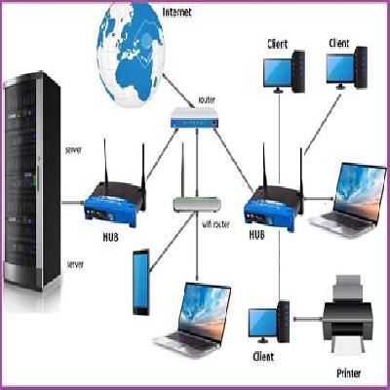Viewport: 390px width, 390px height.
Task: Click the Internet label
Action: click(x=176, y=13)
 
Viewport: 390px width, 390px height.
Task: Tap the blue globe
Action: click(x=131, y=55)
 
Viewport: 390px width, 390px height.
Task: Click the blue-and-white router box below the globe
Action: click(x=195, y=118)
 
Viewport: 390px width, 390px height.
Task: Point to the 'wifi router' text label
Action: click(x=215, y=224)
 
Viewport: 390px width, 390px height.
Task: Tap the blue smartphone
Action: click(x=141, y=282)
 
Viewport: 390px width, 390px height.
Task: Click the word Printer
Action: click(x=349, y=373)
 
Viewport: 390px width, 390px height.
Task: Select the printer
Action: click(x=347, y=313)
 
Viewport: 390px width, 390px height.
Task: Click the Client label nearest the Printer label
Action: click(x=263, y=357)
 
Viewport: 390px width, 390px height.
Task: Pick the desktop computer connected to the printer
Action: click(x=269, y=322)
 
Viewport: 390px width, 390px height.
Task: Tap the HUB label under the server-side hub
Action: click(x=110, y=237)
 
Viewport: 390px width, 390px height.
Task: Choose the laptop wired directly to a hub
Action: click(x=347, y=200)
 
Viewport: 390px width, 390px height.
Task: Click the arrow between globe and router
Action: click(x=179, y=91)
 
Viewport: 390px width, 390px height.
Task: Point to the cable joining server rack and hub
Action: click(x=73, y=203)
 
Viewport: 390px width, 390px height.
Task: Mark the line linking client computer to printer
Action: click(x=308, y=319)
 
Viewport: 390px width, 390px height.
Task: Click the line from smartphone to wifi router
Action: click(x=172, y=242)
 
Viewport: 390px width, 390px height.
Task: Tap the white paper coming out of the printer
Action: click(x=347, y=344)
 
